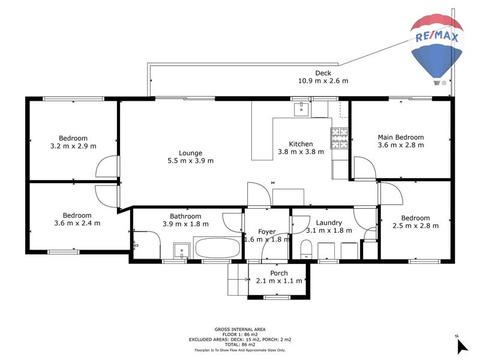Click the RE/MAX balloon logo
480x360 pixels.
(x=437, y=48)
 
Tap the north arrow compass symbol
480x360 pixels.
(x=461, y=346)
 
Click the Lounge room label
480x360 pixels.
(x=190, y=152)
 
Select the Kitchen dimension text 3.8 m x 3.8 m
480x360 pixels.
(x=301, y=152)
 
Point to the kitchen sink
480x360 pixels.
(x=301, y=109)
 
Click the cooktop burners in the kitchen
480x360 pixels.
(x=340, y=139)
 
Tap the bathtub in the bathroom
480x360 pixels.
(x=216, y=247)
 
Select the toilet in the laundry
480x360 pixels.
(x=305, y=248)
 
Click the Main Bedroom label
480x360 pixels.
(x=401, y=137)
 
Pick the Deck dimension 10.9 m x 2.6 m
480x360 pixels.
(x=323, y=81)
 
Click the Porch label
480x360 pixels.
(x=279, y=273)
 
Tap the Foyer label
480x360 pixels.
(x=267, y=232)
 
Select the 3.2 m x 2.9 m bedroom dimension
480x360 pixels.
(x=73, y=146)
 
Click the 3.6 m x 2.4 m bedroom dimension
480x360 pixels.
(x=77, y=223)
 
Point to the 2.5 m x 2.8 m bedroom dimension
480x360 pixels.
(x=415, y=226)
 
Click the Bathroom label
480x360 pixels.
(x=185, y=216)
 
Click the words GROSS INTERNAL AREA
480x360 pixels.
(x=240, y=329)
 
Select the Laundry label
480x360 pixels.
(x=328, y=223)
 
